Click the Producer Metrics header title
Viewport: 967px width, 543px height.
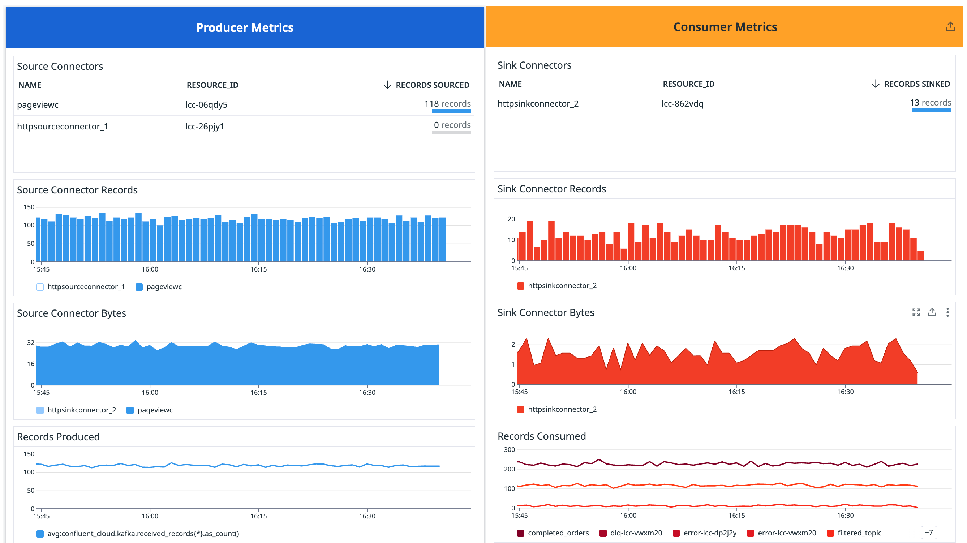[x=245, y=28]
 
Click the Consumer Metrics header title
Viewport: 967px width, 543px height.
[x=725, y=27]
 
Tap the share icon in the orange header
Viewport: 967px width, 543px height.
[x=950, y=27]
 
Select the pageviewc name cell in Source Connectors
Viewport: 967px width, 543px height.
[x=38, y=105]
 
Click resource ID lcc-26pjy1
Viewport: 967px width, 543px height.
[x=205, y=127]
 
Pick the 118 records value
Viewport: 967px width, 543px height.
[x=447, y=104]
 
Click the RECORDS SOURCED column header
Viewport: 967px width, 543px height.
[x=432, y=85]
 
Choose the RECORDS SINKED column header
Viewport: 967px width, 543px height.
[x=917, y=84]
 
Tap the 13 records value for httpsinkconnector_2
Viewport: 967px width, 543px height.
[x=930, y=103]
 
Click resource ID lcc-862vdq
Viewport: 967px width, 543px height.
[x=682, y=104]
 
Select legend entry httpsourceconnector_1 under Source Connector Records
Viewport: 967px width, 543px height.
[x=86, y=287]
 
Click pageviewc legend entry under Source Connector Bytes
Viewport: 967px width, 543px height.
[x=155, y=410]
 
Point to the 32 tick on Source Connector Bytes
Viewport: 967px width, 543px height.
[x=31, y=342]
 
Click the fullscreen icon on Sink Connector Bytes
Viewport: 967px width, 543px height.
[x=916, y=312]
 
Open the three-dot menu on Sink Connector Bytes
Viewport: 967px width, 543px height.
[x=947, y=312]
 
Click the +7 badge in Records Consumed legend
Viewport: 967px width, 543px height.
[x=929, y=533]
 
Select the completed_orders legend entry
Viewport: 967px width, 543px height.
[x=558, y=533]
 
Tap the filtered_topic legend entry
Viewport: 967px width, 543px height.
[x=859, y=533]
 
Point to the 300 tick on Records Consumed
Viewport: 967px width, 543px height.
[x=509, y=449]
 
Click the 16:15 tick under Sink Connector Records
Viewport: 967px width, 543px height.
[x=736, y=268]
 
